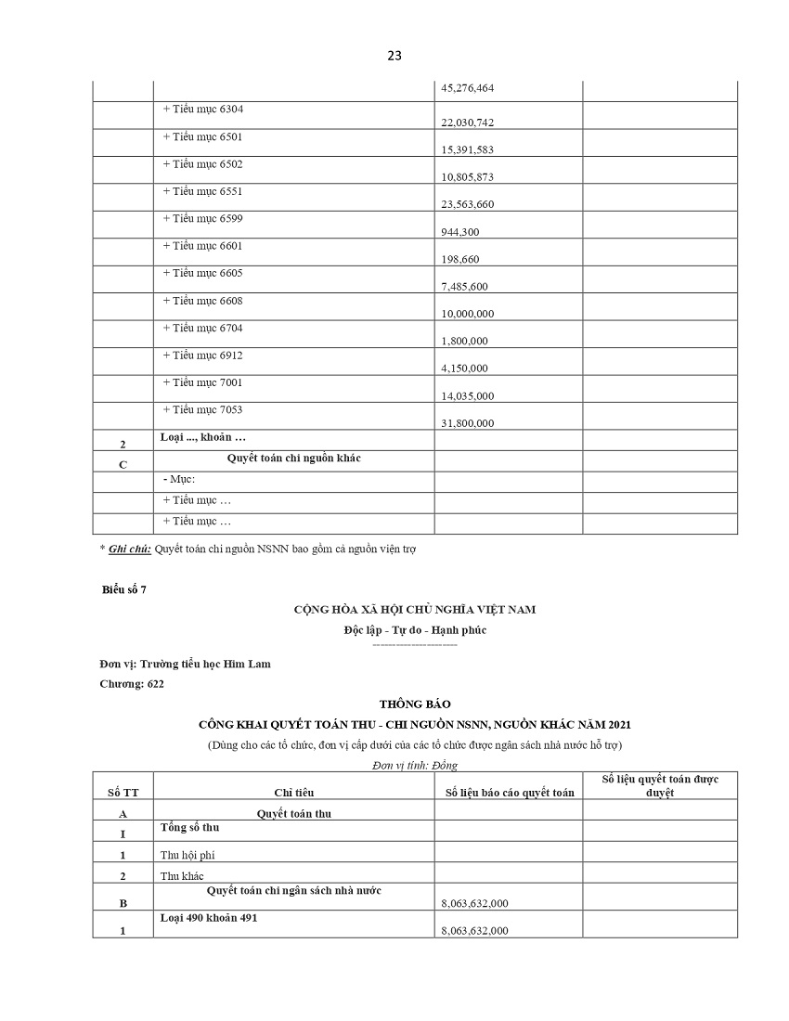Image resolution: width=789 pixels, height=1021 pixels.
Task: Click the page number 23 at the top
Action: click(394, 56)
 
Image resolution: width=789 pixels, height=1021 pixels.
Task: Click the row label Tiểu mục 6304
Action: click(202, 110)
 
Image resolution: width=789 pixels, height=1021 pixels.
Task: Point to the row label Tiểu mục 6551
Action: click(202, 191)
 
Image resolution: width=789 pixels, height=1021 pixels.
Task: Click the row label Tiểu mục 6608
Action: click(202, 301)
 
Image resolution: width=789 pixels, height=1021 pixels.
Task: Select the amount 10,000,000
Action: click(467, 314)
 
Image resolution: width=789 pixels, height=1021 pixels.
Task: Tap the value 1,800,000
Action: click(464, 341)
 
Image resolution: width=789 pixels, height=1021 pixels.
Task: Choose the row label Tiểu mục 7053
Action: click(202, 409)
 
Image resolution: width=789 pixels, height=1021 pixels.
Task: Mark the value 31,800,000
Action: click(467, 423)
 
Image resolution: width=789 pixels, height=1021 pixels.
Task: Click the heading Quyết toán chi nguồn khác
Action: click(294, 459)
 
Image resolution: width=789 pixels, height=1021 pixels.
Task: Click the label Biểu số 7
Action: click(124, 591)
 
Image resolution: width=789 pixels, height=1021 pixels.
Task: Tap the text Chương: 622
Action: click(134, 684)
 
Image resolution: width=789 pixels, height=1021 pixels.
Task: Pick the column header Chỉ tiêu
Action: click(293, 793)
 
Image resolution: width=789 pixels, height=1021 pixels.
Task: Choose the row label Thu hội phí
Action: click(188, 855)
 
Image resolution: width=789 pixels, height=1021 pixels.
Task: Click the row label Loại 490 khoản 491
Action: click(209, 918)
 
